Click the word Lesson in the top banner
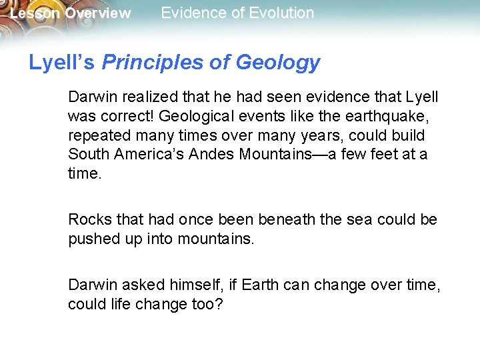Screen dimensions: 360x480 pyautogui.click(x=33, y=13)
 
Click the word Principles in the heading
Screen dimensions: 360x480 pyautogui.click(x=154, y=63)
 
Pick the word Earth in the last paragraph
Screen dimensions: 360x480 pyautogui.click(x=260, y=285)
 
